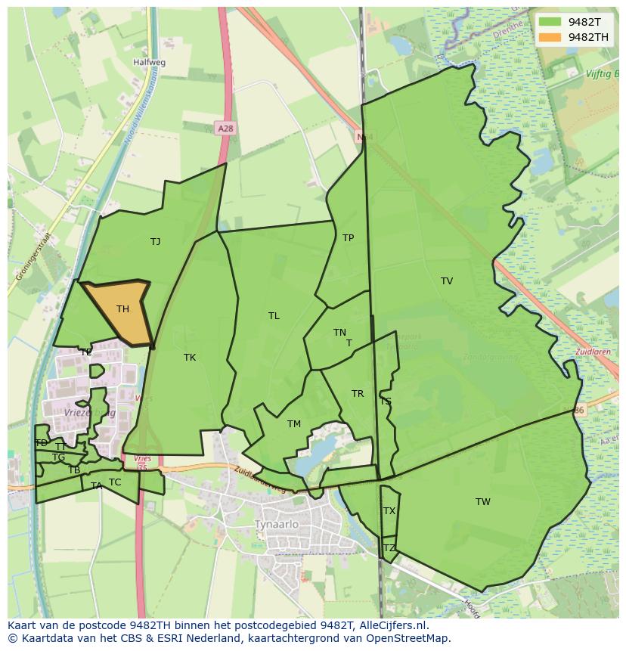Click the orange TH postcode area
pyautogui.click(x=121, y=310)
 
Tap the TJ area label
pyautogui.click(x=155, y=242)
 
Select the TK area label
pyautogui.click(x=190, y=358)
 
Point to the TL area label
pyautogui.click(x=274, y=316)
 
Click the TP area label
pyautogui.click(x=348, y=238)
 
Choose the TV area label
pyautogui.click(x=447, y=281)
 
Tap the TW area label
pyautogui.click(x=483, y=502)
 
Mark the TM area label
pyautogui.click(x=294, y=424)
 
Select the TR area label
pyautogui.click(x=358, y=394)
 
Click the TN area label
pyautogui.click(x=339, y=333)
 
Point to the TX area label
pyautogui.click(x=389, y=511)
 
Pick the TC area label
pyautogui.click(x=115, y=482)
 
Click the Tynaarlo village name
pyautogui.click(x=278, y=525)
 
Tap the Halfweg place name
pyautogui.click(x=149, y=63)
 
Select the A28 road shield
pyautogui.click(x=225, y=129)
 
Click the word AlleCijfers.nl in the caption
pyautogui.click(x=392, y=625)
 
